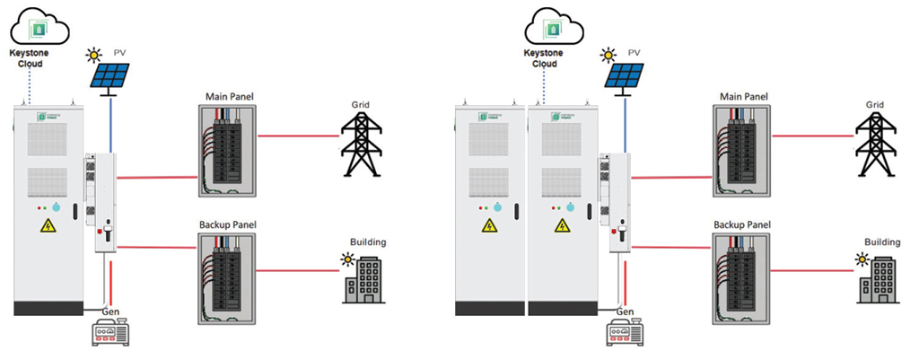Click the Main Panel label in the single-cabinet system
[226, 96]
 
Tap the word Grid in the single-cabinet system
[361, 105]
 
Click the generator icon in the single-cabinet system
[112, 334]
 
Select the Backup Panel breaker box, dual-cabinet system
[740, 279]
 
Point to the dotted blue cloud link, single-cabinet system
[30, 85]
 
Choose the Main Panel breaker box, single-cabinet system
[227, 150]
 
